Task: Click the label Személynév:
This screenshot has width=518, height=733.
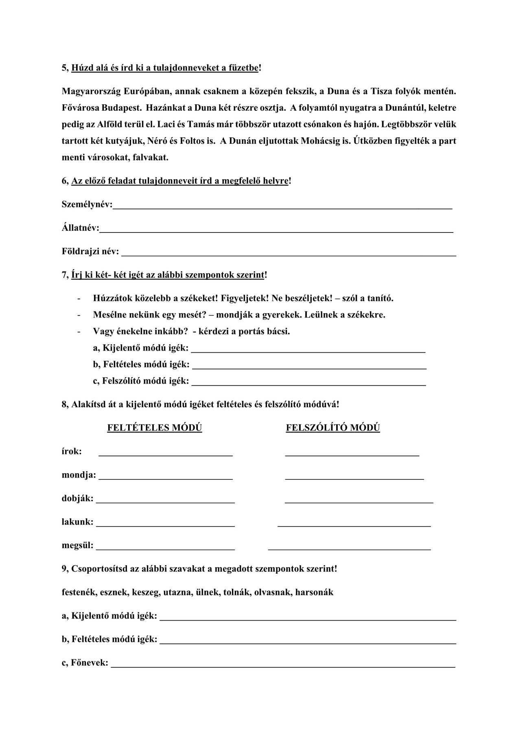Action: click(x=87, y=204)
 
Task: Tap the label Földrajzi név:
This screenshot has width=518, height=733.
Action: click(x=90, y=252)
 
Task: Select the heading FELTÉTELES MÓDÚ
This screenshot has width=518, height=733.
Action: click(x=155, y=428)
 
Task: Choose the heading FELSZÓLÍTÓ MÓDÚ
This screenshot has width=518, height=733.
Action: click(x=333, y=428)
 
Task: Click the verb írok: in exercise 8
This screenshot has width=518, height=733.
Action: click(x=72, y=451)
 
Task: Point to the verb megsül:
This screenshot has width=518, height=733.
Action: click(x=77, y=545)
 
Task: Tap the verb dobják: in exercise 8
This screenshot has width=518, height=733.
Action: click(x=77, y=498)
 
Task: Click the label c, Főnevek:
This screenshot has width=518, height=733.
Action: click(x=85, y=663)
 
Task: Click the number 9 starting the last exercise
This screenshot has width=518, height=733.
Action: click(x=64, y=568)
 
